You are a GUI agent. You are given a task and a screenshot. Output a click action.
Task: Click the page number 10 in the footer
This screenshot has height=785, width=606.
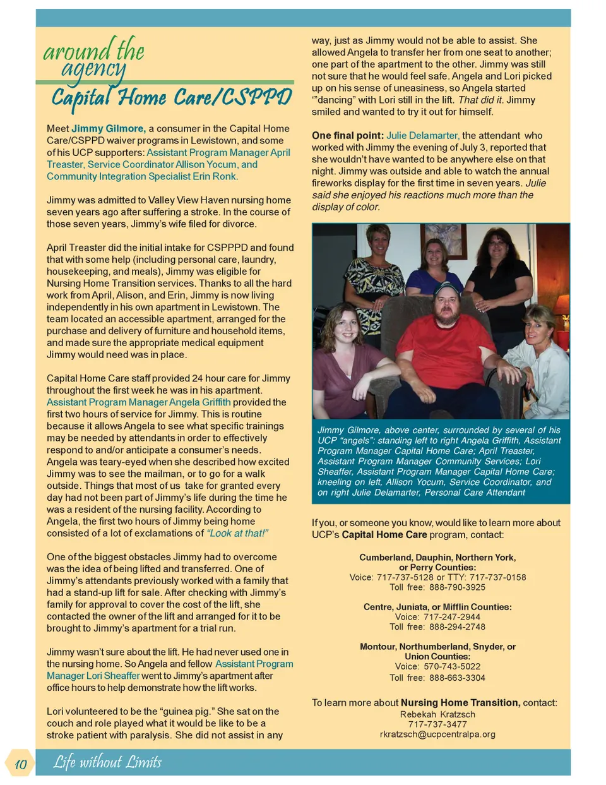[20, 764]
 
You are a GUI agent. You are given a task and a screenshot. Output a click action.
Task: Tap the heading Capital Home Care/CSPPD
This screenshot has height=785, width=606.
[171, 97]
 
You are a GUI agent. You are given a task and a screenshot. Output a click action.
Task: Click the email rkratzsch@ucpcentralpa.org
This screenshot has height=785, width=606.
[437, 734]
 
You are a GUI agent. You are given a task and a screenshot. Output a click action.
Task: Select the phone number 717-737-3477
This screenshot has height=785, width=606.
[437, 724]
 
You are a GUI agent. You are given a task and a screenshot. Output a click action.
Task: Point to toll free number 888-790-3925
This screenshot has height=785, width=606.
[457, 587]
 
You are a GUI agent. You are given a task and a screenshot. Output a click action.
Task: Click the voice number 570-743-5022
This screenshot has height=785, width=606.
[452, 666]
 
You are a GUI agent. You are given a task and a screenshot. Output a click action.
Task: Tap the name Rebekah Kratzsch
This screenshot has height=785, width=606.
[437, 714]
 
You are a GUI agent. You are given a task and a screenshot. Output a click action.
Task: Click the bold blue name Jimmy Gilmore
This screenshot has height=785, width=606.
[109, 129]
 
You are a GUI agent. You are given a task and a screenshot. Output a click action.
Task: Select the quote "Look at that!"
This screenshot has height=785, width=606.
[238, 534]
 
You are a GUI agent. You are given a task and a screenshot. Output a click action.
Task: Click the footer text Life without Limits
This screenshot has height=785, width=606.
[107, 762]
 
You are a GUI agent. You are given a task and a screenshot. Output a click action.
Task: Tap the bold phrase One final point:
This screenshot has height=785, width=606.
[347, 136]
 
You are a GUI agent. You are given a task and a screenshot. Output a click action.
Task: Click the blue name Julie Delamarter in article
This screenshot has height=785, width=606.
[422, 136]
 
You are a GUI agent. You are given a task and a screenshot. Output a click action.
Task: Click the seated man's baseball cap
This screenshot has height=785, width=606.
[449, 289]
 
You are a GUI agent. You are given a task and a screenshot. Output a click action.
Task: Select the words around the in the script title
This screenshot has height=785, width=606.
[93, 51]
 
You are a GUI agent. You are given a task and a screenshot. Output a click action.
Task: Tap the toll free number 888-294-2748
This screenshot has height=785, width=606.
[457, 627]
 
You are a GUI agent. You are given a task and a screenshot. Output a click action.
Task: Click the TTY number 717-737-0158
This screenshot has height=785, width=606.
[497, 577]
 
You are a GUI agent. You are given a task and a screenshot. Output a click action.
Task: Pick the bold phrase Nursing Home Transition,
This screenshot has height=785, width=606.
[460, 703]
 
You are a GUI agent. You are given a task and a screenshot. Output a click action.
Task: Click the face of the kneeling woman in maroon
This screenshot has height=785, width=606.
[343, 327]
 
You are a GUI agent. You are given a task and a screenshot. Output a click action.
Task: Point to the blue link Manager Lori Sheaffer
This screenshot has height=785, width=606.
[93, 676]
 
